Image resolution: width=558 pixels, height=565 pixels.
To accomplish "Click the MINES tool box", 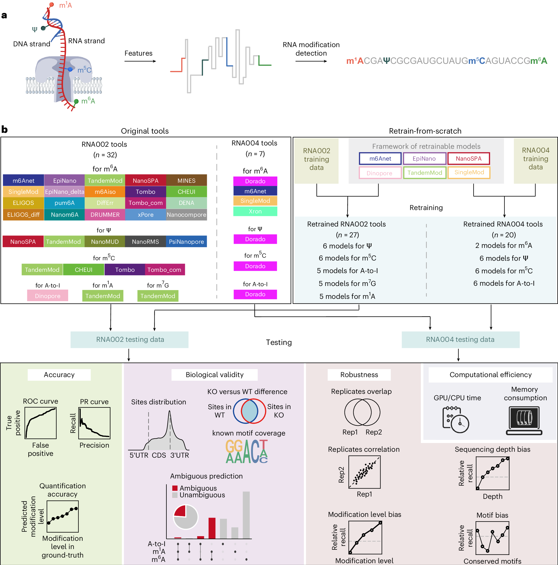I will [x=186, y=180].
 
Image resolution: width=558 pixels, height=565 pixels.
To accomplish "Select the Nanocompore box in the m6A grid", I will [x=186, y=215].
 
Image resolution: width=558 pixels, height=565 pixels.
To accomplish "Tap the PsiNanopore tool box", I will [x=186, y=241].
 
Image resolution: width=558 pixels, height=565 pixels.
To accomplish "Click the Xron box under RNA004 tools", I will [x=255, y=211].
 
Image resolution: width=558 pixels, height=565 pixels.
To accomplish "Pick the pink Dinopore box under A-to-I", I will [x=48, y=296].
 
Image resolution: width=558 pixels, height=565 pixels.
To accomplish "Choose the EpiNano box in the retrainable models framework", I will [x=424, y=159].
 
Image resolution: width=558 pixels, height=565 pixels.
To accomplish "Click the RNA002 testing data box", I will [x=129, y=339].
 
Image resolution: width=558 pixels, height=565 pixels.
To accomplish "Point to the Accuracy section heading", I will [x=59, y=375].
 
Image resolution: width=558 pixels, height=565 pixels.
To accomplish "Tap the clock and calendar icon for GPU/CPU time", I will [x=455, y=419].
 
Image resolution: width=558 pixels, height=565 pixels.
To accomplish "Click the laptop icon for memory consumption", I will [x=524, y=420].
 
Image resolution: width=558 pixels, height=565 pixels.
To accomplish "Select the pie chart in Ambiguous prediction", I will [x=185, y=517].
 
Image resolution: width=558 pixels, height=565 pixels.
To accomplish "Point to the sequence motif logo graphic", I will [x=246, y=451].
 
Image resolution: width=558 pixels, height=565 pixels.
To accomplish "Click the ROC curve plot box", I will [x=40, y=423].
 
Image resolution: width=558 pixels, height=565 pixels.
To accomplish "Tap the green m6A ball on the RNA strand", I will [x=76, y=101].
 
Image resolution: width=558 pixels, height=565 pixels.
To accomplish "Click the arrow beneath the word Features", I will [x=140, y=61].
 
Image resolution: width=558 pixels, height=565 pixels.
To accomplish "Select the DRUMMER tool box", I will [x=105, y=215].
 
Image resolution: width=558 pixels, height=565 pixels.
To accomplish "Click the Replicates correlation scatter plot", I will [x=364, y=472].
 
